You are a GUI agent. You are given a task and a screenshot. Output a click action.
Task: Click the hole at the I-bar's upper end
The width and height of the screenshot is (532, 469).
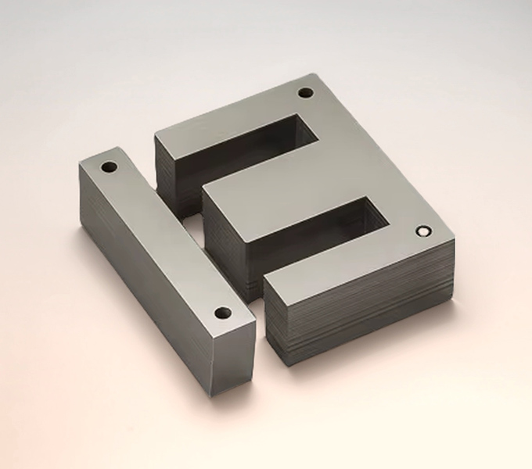pyautogui.click(x=109, y=166)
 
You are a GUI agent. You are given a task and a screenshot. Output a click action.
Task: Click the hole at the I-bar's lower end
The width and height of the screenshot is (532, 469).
pyautogui.click(x=222, y=313)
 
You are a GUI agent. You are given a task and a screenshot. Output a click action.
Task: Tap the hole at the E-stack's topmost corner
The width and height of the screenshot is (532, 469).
pyautogui.click(x=305, y=94)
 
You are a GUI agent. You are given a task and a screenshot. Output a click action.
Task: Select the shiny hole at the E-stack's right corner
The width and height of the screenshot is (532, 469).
pyautogui.click(x=424, y=231)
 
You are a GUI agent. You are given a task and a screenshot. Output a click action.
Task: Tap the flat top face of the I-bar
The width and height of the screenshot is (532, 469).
pyautogui.click(x=164, y=234)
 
